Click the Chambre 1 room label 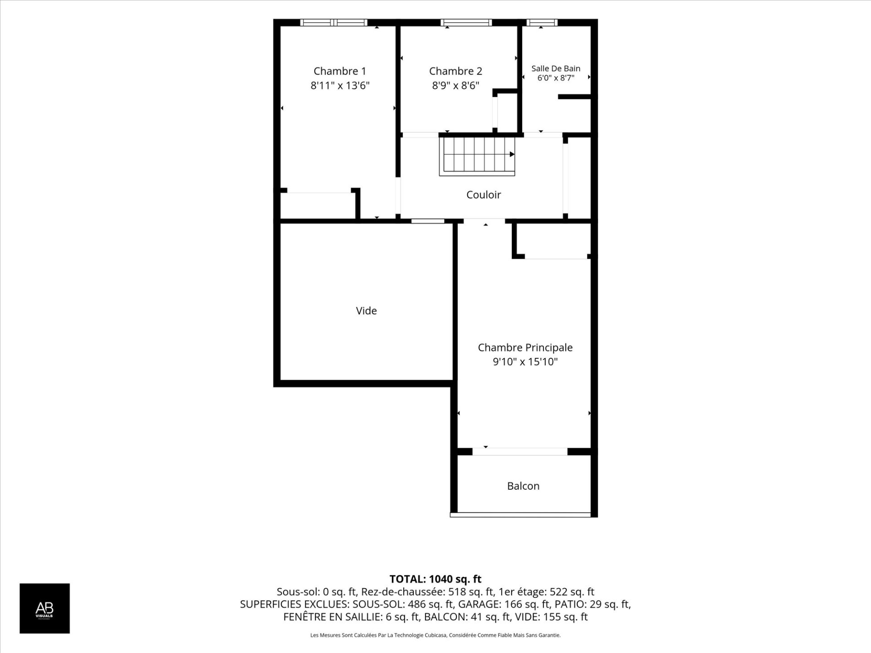[340, 71]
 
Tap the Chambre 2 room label [455, 71]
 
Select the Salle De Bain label [556, 68]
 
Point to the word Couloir [484, 195]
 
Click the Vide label [366, 311]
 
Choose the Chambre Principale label [525, 348]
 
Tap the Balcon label [523, 486]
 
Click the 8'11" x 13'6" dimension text [340, 85]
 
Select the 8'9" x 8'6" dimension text [455, 85]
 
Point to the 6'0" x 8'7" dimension [556, 78]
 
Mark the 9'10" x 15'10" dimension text [525, 362]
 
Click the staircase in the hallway [477, 156]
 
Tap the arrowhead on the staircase [512, 154]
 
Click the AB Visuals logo [44, 608]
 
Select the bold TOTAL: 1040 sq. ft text [435, 579]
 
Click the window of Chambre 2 [466, 22]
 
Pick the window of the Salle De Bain [542, 22]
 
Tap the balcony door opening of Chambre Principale [520, 452]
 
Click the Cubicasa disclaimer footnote [435, 635]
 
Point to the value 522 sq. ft [572, 592]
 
